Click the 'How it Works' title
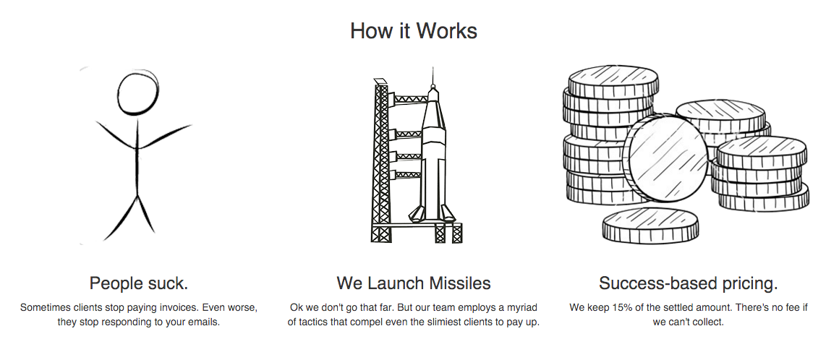[414, 31]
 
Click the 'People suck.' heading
[139, 283]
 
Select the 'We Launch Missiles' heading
[414, 283]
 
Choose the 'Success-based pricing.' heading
[688, 283]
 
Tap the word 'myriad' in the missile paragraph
[521, 307]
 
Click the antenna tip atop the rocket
[433, 70]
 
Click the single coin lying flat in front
[650, 225]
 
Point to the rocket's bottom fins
[427, 214]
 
